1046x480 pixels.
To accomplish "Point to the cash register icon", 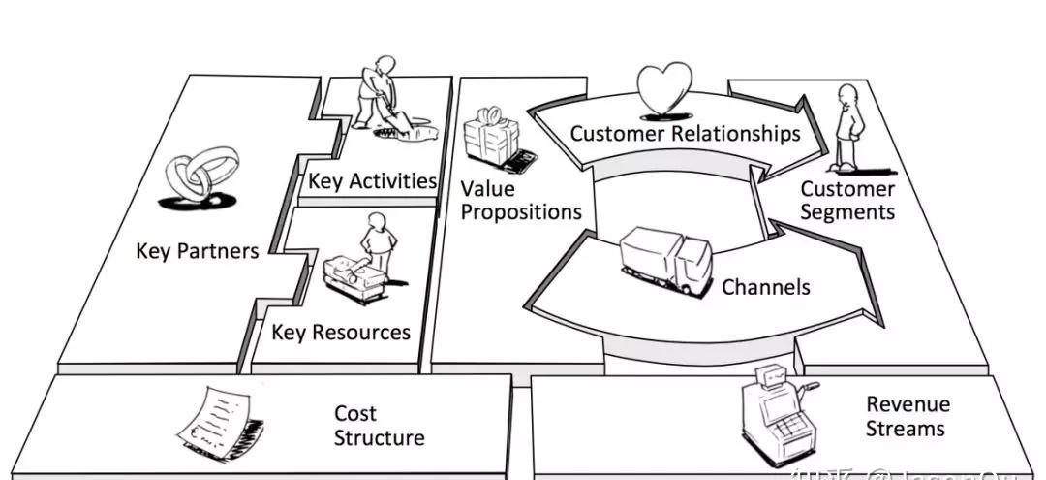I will coord(772,411).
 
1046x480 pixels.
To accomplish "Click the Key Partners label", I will coord(198,251).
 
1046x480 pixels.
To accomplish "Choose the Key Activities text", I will coord(373,181).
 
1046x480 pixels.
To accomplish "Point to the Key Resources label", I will coord(341,333).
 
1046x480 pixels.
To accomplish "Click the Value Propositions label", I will coord(520,200).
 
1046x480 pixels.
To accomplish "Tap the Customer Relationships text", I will coord(685,133).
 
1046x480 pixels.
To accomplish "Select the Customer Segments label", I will coord(847,201).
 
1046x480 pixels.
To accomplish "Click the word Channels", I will coord(766,287).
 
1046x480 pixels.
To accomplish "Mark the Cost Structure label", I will coord(379,426).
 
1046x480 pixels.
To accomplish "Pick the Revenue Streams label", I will coord(908,416).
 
